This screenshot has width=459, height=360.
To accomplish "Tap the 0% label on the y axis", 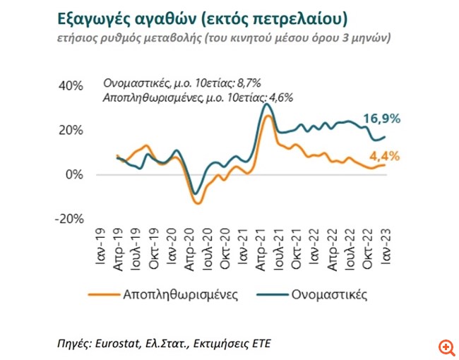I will pyautogui.click(x=74, y=174).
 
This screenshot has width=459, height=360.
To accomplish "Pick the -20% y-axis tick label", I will pyautogui.click(x=68, y=218).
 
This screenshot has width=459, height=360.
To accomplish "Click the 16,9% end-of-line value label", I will pyautogui.click(x=381, y=118).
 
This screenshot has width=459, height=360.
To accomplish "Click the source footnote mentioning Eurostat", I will pyautogui.click(x=163, y=344).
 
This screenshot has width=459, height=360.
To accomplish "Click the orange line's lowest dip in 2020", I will pyautogui.click(x=198, y=203).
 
